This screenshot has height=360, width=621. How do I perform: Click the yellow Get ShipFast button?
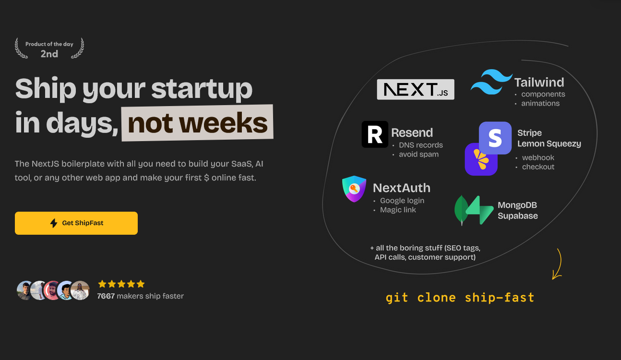(76, 223)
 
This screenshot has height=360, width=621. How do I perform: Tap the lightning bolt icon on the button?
(54, 223)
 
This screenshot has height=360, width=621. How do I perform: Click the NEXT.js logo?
(416, 89)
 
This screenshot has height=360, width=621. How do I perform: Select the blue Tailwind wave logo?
(491, 82)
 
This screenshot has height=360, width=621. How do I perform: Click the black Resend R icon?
(375, 134)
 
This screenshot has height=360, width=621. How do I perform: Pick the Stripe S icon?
(495, 138)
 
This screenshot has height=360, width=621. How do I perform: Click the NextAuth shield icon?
(354, 189)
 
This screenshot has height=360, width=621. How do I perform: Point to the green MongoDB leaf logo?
(461, 210)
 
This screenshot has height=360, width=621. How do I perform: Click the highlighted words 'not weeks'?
(197, 123)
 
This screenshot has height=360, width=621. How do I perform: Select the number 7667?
(106, 296)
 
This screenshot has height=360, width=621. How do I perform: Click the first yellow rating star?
(102, 284)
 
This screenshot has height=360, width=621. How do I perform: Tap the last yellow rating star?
(141, 284)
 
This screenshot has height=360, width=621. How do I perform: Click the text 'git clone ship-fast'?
(460, 298)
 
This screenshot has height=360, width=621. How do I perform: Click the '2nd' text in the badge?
(49, 54)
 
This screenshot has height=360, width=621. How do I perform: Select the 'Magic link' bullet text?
(398, 210)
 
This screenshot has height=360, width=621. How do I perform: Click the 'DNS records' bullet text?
(421, 145)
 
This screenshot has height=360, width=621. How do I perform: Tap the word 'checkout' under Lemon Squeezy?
(538, 167)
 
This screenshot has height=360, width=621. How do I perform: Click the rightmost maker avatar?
(80, 290)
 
